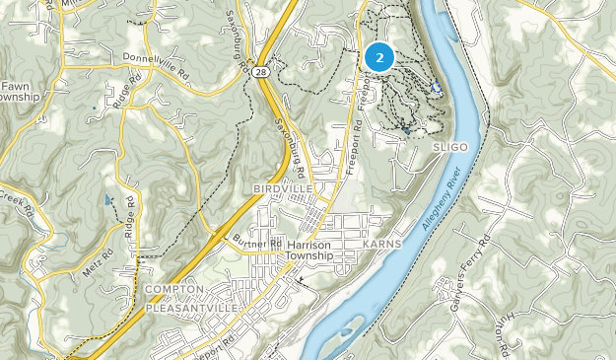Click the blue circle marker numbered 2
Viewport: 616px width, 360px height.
(x=379, y=56)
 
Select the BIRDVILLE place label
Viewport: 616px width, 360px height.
(x=282, y=187)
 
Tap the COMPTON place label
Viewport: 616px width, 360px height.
(x=174, y=289)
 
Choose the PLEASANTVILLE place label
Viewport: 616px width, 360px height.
(x=191, y=308)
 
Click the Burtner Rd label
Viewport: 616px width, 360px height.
(x=258, y=242)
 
